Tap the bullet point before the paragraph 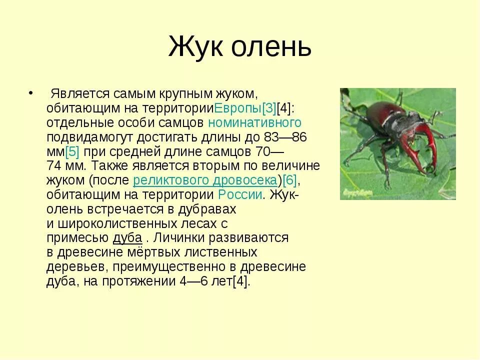[30, 93]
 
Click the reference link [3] [269, 108]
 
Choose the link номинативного [254, 122]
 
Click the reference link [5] [72, 151]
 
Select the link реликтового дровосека [205, 180]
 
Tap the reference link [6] [290, 180]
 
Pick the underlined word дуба [127, 238]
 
